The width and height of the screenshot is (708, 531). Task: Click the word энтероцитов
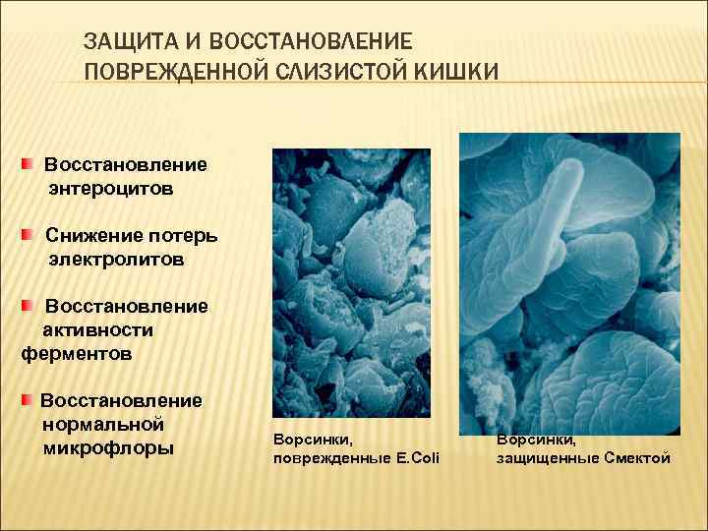[111, 187]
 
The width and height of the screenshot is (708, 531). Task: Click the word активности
[97, 329]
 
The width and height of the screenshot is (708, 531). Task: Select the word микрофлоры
[108, 448]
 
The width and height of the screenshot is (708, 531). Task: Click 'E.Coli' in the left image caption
[417, 458]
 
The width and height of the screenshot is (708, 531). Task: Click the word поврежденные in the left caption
[322, 458]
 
